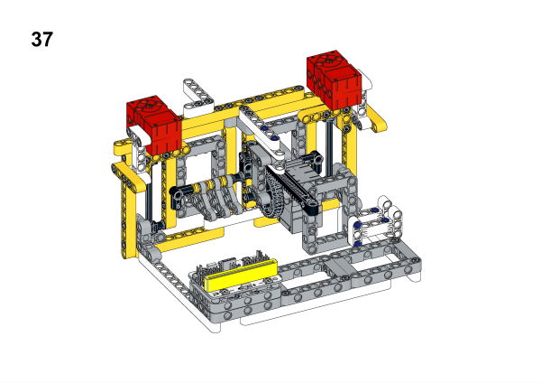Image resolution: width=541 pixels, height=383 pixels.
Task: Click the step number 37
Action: pos(42,39)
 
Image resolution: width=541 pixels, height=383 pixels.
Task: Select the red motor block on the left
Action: pos(154,125)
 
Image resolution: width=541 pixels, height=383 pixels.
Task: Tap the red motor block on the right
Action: pos(334,79)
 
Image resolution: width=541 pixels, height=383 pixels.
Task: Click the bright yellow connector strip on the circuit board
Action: pos(241,276)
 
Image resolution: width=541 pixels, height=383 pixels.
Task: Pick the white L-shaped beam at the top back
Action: pos(197,96)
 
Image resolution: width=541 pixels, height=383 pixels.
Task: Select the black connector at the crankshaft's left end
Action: pos(177,193)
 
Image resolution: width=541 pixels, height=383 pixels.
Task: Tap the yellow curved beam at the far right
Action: pos(375,119)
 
